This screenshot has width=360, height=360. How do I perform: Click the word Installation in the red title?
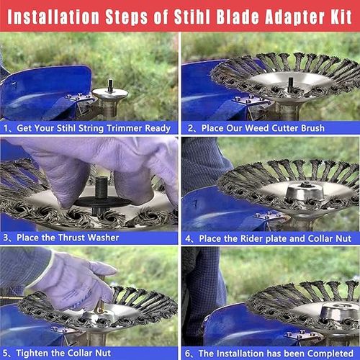53,17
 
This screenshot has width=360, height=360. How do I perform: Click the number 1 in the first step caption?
6,128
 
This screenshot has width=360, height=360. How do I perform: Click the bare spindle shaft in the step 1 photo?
110,86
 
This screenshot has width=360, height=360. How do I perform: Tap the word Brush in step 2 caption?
312,128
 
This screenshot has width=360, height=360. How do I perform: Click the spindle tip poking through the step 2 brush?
291,84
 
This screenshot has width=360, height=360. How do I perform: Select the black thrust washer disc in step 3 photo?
102,202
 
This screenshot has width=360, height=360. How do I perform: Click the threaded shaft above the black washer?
102,188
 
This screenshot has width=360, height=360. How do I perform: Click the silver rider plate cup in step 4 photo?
305,192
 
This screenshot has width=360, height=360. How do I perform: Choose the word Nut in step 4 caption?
344,238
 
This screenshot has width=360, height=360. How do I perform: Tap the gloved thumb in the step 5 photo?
102,268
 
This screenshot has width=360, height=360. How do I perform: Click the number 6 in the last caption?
188,354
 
